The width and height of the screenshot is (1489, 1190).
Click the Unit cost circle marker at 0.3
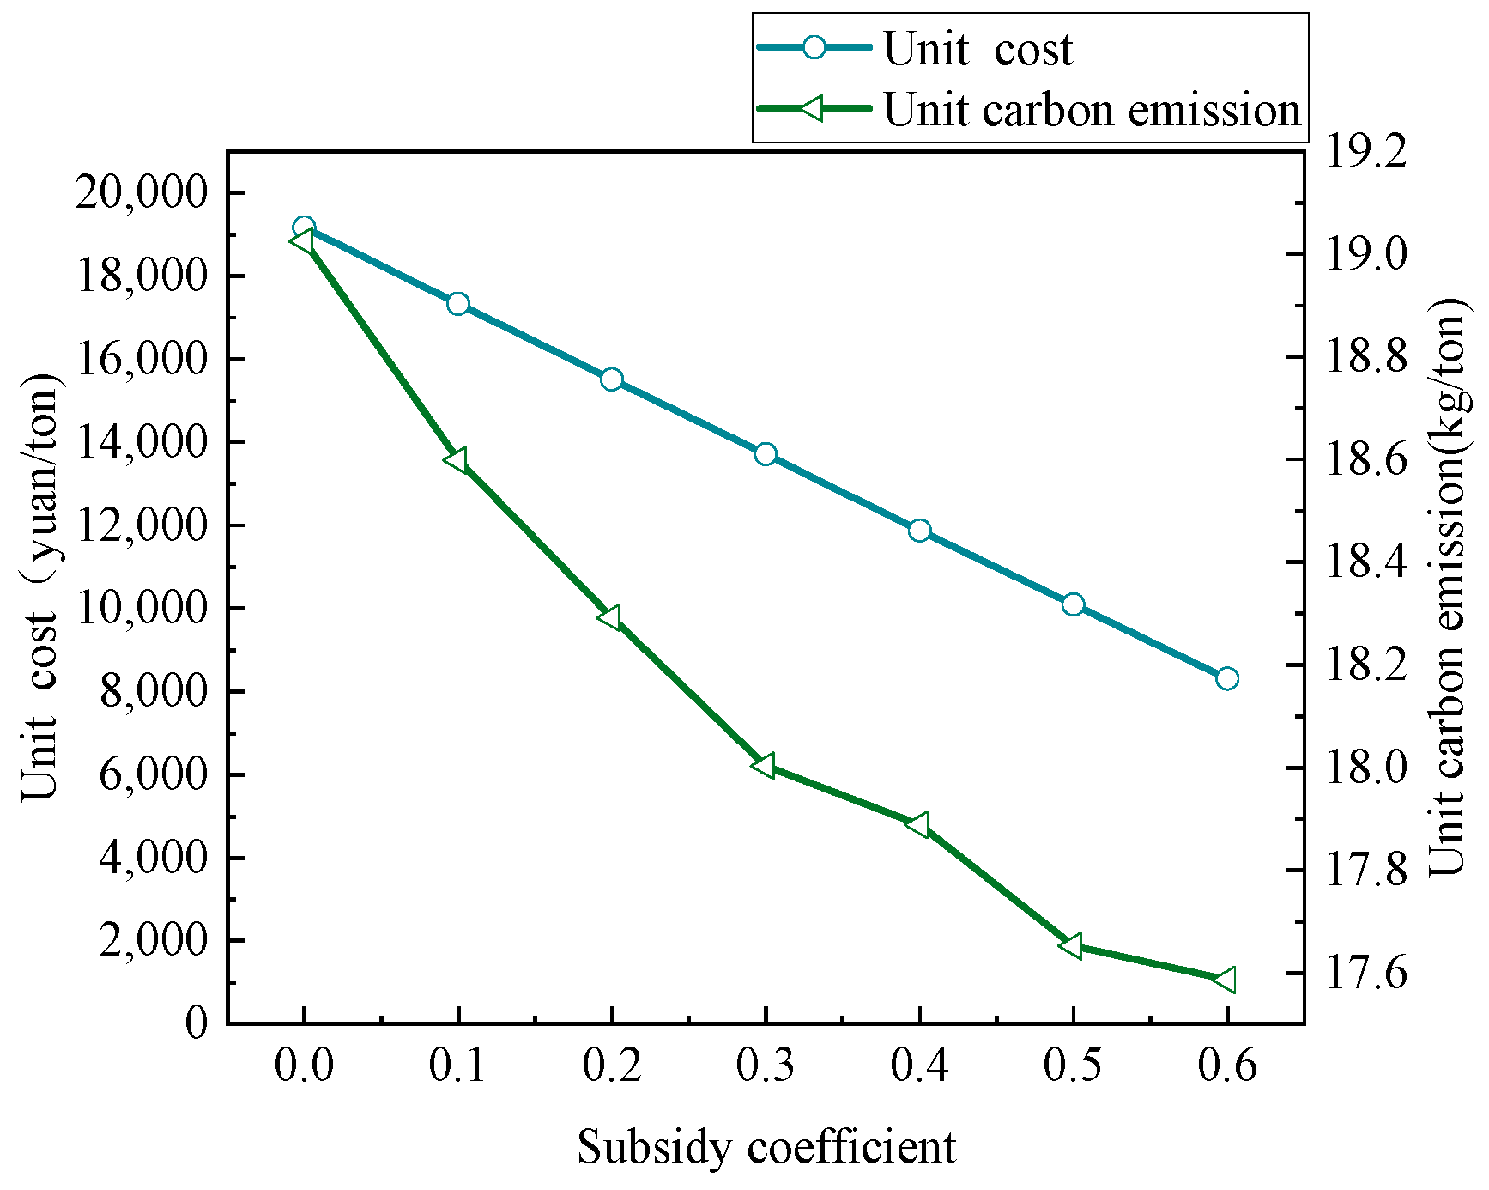click(766, 454)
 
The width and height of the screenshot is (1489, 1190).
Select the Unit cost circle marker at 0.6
click(1227, 679)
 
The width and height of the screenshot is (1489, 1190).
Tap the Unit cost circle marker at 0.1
click(458, 304)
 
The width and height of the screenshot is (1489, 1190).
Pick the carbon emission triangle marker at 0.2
click(610, 617)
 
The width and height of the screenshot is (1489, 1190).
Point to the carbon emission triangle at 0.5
click(1071, 945)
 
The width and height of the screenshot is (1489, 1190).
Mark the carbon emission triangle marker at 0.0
click(302, 241)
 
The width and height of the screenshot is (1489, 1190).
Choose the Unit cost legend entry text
click(978, 50)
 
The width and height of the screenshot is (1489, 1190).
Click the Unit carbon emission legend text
click(1092, 111)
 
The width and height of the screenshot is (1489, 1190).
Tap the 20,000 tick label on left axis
click(142, 192)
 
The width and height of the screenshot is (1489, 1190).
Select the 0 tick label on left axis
click(197, 1023)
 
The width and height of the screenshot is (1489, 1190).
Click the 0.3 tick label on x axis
click(766, 1066)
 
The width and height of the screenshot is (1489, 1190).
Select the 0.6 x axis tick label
click(1227, 1066)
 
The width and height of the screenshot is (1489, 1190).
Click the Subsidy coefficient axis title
click(766, 1147)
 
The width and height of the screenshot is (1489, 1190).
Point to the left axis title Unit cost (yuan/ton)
click(40, 587)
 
